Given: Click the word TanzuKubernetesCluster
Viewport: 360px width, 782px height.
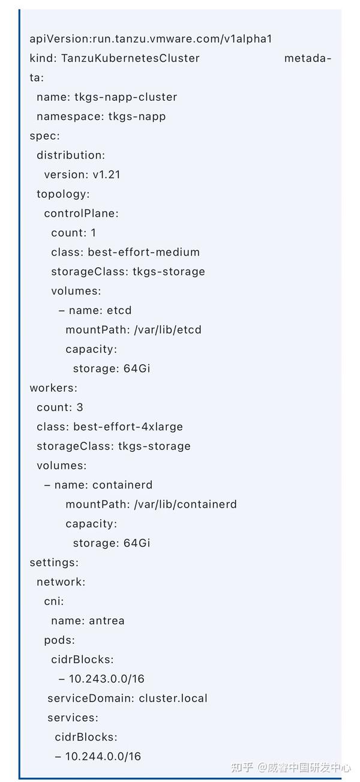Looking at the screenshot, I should [127, 58].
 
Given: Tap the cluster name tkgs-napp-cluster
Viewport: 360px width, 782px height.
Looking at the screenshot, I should [125, 97].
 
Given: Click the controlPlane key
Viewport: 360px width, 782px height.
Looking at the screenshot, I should [81, 213].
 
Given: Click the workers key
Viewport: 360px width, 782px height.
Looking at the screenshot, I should [53, 388].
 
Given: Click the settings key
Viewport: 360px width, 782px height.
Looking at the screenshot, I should [54, 562].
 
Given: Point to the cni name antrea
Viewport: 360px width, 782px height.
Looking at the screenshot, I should [107, 621].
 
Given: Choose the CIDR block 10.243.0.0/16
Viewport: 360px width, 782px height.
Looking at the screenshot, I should [106, 679].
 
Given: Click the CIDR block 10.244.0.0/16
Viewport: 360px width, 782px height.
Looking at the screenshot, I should [103, 756].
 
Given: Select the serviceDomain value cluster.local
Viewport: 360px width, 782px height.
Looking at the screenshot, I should [173, 698].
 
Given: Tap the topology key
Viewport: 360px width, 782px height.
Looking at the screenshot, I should [63, 194].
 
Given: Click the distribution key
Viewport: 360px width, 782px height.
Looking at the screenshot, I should [70, 155].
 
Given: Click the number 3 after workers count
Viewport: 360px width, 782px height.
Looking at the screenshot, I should [80, 408].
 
